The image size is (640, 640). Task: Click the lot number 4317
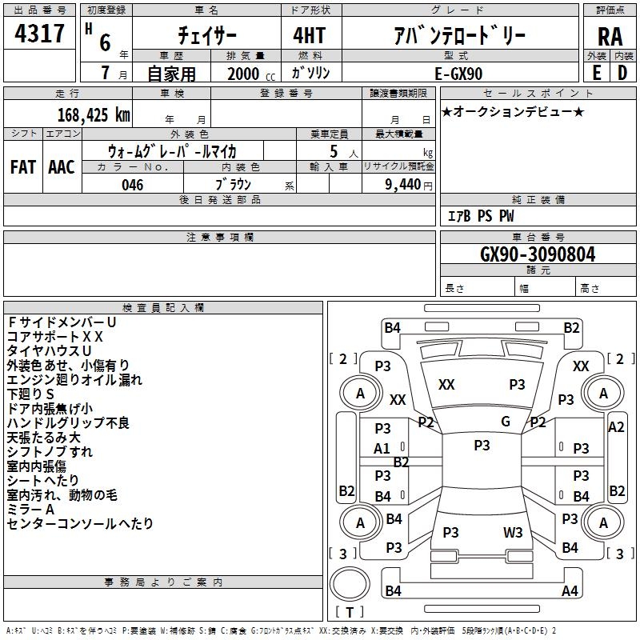pos(39,33)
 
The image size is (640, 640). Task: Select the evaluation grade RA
pos(610,37)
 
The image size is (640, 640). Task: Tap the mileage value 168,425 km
pos(94,115)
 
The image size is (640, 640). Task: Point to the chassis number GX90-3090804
pos(538,254)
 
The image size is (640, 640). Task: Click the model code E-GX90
pos(458,74)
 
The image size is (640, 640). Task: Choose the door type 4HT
pos(310,35)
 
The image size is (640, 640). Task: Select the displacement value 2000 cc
pos(251,74)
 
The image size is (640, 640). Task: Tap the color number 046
pos(133,185)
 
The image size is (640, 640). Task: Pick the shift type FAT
pos(23,167)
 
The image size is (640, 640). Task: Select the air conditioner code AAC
pos(62,167)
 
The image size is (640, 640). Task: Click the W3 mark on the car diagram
pos(513,532)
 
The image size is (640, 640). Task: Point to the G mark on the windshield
pos(506,421)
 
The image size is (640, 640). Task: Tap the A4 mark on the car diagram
pos(570,590)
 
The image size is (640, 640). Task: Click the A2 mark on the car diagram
pos(616,427)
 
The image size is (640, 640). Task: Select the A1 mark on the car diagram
pos(382,449)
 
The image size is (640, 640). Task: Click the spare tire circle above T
pos(350,584)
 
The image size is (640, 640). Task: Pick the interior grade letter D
pos(622,73)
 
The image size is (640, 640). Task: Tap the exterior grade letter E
pos(597,73)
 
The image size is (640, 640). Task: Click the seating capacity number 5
pos(334,151)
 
